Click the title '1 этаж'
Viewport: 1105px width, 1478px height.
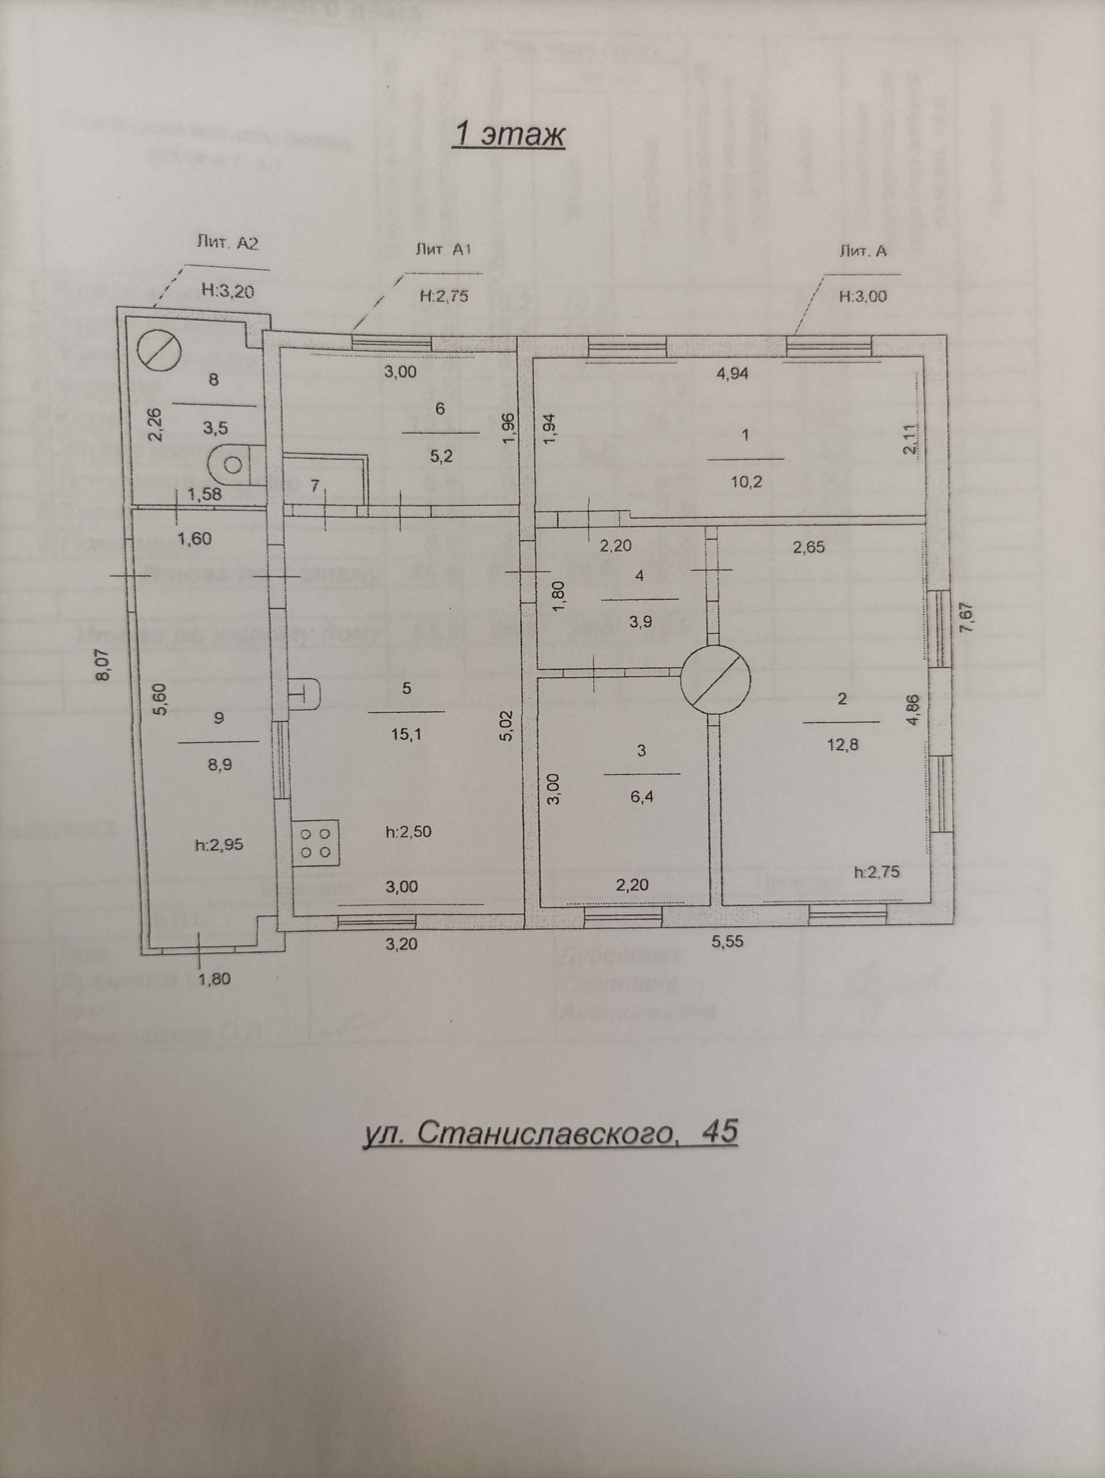click(x=508, y=135)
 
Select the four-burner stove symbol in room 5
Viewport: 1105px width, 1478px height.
click(x=317, y=844)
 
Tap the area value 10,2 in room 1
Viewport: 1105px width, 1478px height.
click(x=746, y=482)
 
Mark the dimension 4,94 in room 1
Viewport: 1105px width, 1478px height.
click(x=732, y=374)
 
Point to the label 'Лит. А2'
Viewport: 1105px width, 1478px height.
click(x=227, y=243)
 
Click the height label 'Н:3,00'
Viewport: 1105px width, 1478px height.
click(x=863, y=296)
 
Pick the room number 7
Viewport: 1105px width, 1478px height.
click(x=315, y=487)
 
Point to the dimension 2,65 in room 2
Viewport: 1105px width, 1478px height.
click(x=809, y=547)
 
